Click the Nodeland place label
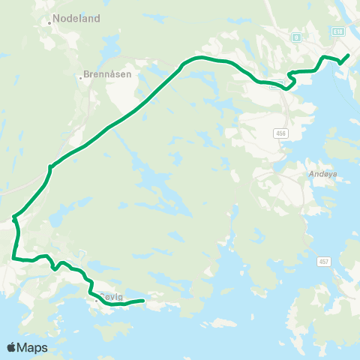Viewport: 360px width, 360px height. [76, 19]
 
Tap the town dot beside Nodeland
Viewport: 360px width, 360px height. [49, 22]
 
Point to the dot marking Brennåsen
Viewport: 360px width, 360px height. [80, 76]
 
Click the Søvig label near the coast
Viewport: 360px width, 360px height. [111, 297]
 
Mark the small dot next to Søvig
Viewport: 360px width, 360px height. [96, 300]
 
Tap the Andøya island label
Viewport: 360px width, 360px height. [322, 172]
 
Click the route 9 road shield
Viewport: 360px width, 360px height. [297, 36]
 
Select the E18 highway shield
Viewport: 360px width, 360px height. [340, 31]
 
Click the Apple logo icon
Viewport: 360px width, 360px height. [12, 347]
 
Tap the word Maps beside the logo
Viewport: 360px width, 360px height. [33, 348]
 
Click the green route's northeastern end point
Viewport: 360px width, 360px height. [348, 55]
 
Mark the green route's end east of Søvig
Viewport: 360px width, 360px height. [142, 301]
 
